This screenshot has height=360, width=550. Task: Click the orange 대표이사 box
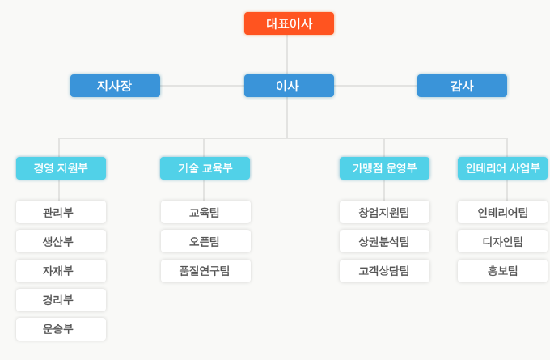[289, 23]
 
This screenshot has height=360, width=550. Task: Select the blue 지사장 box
[115, 86]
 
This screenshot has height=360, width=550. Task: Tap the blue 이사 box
[289, 86]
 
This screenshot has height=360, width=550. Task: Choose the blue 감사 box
[462, 86]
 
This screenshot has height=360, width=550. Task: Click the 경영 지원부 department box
[61, 168]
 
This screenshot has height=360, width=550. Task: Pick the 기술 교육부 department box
[205, 168]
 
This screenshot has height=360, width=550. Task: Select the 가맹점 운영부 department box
[384, 168]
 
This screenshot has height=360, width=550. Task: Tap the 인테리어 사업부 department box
[502, 168]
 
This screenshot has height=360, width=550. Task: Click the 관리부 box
[61, 212]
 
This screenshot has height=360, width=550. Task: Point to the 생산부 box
[61, 241]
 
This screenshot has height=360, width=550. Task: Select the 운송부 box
[61, 329]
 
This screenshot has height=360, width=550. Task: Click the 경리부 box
[61, 300]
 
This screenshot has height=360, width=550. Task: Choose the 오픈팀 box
[205, 241]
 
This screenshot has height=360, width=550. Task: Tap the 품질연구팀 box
[205, 271]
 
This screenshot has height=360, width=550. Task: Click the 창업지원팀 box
[384, 212]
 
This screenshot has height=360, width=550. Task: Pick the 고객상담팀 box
[384, 271]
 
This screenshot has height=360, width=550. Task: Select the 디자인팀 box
[502, 241]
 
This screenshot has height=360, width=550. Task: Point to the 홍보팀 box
[502, 271]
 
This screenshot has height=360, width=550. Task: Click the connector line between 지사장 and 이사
[202, 86]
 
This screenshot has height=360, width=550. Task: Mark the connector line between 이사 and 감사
[375, 86]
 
